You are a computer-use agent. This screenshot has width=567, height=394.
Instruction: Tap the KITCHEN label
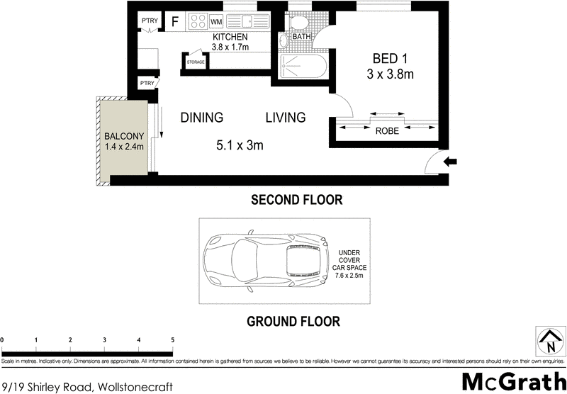click(230, 37)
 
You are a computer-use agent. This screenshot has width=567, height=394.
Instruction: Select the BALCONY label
click(124, 136)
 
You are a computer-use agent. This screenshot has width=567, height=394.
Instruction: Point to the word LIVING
click(286, 118)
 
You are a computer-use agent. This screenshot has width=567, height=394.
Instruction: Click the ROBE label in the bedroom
click(386, 131)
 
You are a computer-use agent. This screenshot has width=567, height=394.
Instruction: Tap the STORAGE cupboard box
click(196, 62)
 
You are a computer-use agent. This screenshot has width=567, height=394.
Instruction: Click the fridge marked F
click(174, 21)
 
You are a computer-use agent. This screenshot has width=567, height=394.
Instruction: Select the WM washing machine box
click(217, 22)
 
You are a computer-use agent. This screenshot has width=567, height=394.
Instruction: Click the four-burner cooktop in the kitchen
click(196, 22)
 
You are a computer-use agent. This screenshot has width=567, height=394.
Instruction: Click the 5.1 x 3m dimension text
click(240, 146)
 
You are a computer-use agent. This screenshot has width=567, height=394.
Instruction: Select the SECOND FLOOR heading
click(297, 201)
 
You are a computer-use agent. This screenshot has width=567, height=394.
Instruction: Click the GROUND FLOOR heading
click(293, 321)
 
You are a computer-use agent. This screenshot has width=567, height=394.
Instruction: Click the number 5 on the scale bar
click(172, 340)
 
